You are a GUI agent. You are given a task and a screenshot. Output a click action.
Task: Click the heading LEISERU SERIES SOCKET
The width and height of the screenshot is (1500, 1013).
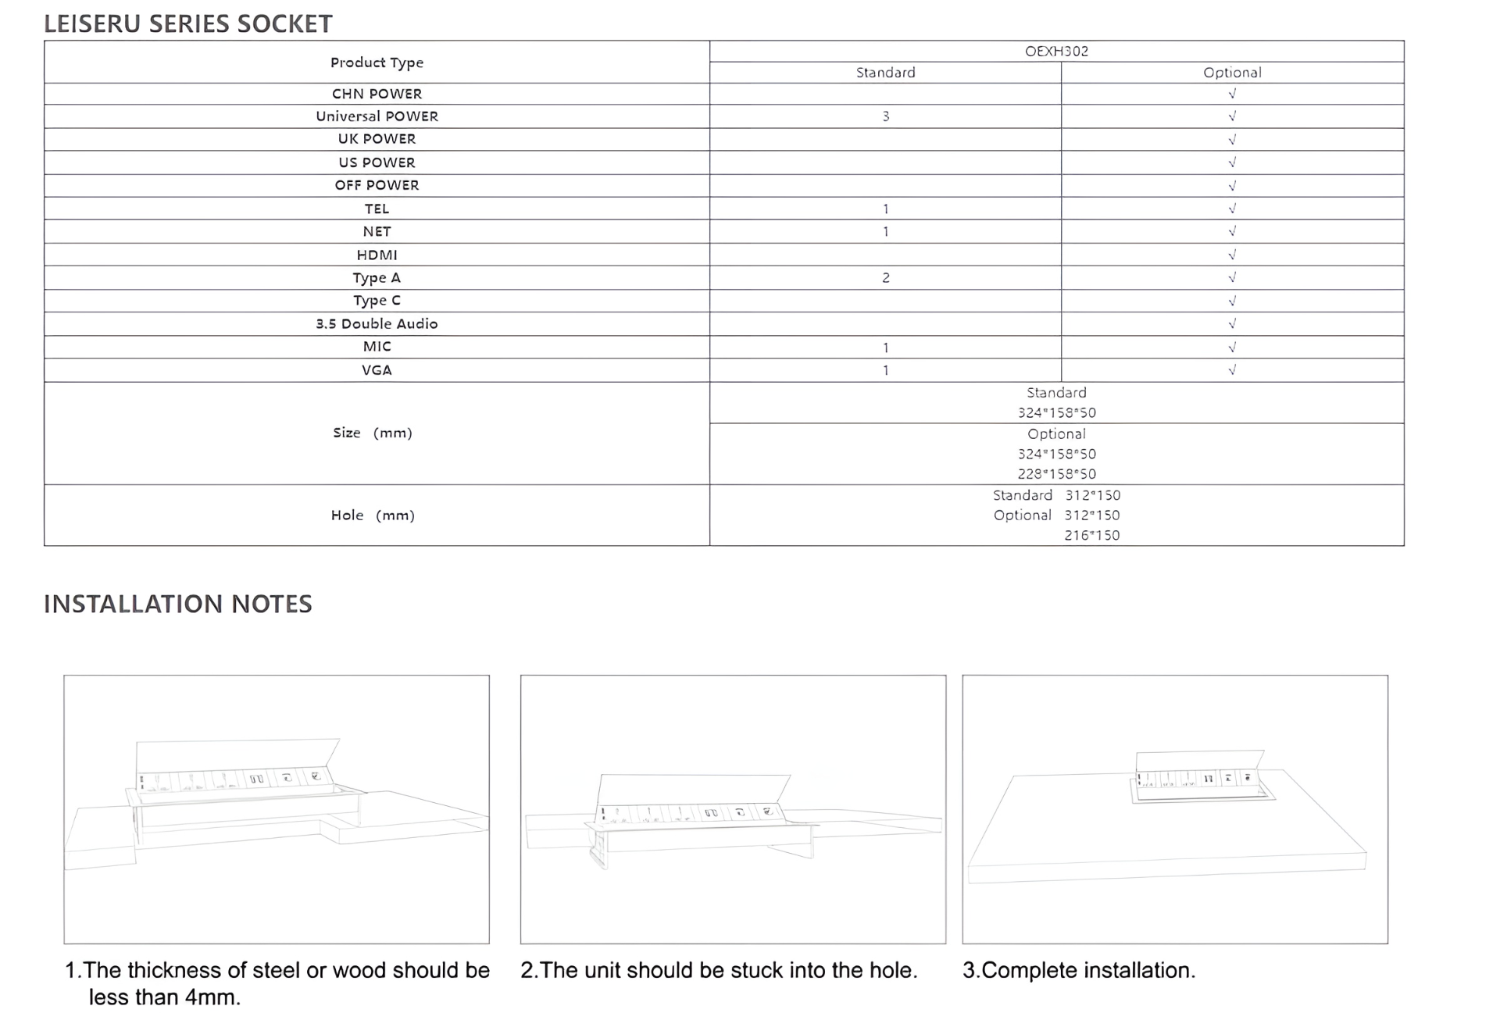point(187,24)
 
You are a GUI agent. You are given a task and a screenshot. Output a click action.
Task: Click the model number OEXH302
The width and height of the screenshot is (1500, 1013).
point(1056,52)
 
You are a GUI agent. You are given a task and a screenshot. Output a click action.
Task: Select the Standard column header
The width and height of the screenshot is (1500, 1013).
point(885,73)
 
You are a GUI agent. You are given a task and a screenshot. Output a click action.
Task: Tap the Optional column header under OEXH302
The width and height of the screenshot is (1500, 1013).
point(1232,73)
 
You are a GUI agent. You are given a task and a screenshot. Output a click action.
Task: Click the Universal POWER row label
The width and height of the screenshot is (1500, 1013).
point(377,116)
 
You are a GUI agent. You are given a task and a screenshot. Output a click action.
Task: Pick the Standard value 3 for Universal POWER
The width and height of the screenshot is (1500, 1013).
point(886,116)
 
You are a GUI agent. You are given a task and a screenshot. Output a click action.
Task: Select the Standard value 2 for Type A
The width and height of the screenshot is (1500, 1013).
point(886,278)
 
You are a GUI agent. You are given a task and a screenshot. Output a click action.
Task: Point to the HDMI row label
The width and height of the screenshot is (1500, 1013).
point(377,255)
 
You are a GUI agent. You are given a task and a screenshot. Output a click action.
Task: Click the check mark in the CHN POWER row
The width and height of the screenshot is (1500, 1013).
point(1232,94)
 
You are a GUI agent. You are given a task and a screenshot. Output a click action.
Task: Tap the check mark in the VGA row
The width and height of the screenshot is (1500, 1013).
point(1232,370)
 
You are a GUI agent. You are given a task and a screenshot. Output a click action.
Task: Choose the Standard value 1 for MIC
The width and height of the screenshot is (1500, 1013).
point(886,348)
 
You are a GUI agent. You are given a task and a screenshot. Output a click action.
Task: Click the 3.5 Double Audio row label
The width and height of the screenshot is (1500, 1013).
point(377,324)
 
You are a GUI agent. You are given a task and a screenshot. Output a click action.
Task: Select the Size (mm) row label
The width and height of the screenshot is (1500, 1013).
point(373,433)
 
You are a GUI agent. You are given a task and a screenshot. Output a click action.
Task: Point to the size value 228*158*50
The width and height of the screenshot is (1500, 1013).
point(1056,474)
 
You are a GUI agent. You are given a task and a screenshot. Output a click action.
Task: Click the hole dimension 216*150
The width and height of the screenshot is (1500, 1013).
point(1091,536)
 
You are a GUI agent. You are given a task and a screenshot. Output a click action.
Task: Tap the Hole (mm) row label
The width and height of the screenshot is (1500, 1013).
point(373,515)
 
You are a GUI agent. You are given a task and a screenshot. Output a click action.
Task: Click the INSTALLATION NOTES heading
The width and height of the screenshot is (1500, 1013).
point(178,604)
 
